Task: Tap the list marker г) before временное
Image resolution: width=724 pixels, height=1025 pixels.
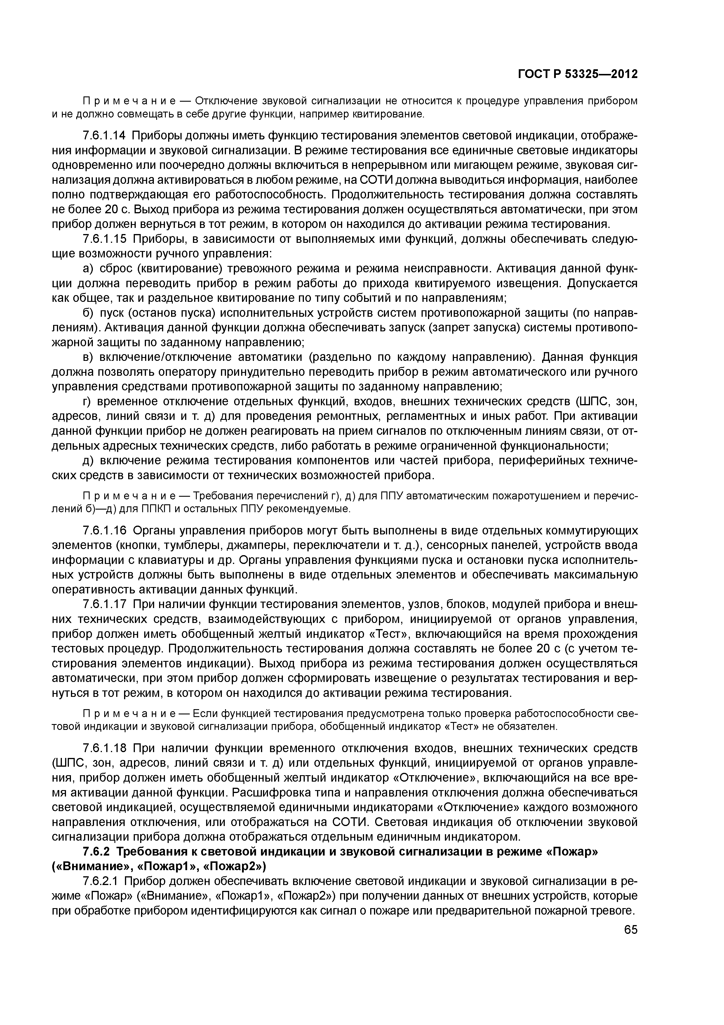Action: [87, 401]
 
